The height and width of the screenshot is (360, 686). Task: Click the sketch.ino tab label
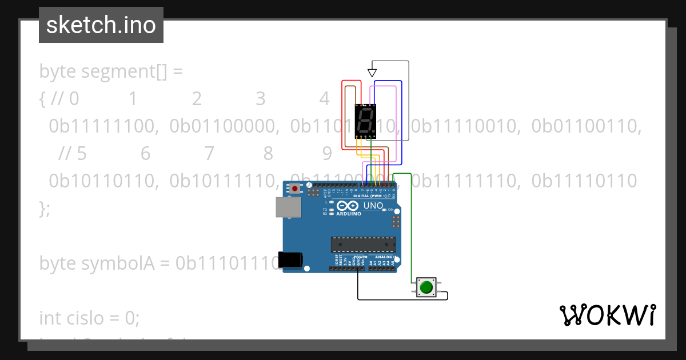pyautogui.click(x=101, y=25)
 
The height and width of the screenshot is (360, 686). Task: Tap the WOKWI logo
pyautogui.click(x=607, y=315)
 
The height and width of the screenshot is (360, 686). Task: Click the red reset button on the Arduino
pyautogui.click(x=295, y=188)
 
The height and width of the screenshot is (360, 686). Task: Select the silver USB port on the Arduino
pyautogui.click(x=287, y=207)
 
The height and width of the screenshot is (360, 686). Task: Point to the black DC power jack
pyautogui.click(x=290, y=259)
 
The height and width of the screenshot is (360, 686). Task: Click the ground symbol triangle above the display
pyautogui.click(x=372, y=73)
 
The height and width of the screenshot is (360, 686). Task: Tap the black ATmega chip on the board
pyautogui.click(x=362, y=244)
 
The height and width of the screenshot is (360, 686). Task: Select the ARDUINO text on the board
pyautogui.click(x=348, y=214)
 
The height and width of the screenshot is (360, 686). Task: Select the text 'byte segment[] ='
pyautogui.click(x=110, y=71)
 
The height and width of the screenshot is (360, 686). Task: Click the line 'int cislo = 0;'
pyautogui.click(x=89, y=317)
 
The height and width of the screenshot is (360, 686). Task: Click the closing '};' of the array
pyautogui.click(x=45, y=208)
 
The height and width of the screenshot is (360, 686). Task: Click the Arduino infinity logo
pyautogui.click(x=348, y=206)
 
